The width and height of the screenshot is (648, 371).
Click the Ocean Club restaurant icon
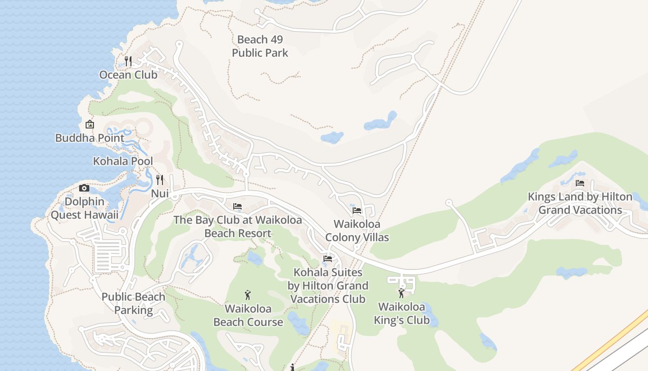pos(129,61)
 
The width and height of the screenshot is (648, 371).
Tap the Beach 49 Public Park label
pos(260,46)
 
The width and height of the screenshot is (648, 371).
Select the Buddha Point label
pos(90,138)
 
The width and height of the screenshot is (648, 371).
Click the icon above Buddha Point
pos(90,124)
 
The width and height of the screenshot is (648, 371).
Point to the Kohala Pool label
pos(123,161)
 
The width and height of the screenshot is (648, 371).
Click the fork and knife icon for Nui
pos(160,179)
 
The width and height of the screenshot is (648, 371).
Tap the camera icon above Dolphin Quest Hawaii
pos(84,188)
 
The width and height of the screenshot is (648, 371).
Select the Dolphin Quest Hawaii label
pos(84,209)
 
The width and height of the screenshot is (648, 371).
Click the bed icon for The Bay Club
pos(237,206)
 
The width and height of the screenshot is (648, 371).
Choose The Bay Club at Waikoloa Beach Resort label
pos(237,226)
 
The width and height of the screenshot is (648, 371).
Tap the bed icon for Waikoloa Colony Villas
pos(357,211)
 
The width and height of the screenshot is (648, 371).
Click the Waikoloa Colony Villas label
pos(357,231)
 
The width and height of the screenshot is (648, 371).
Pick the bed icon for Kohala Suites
pos(328,259)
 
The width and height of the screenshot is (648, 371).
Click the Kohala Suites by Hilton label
pos(328,286)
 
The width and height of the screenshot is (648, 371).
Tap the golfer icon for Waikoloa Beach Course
pos(248,294)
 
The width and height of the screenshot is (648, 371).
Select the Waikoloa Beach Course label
pos(248,315)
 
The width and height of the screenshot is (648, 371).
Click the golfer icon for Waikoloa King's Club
pos(401,293)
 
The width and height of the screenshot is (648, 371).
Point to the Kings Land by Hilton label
pos(580,203)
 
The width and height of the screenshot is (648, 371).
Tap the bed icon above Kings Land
pos(580,183)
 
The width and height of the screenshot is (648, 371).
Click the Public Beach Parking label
pos(133,304)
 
